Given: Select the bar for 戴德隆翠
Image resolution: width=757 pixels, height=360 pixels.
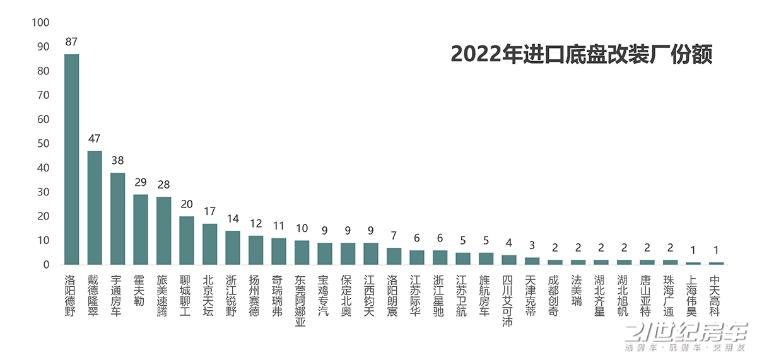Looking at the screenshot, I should click(95, 208).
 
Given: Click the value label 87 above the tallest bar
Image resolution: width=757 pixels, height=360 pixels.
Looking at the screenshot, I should click(71, 42).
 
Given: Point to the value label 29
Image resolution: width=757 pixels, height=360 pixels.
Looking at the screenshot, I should click(141, 182).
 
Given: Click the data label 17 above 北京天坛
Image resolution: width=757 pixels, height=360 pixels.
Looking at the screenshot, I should click(209, 211).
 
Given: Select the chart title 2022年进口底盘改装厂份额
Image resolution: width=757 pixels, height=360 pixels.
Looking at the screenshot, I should click(581, 54).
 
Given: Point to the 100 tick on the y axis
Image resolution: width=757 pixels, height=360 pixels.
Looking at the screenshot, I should click(40, 23).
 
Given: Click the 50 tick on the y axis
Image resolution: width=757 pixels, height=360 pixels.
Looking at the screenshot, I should click(42, 144).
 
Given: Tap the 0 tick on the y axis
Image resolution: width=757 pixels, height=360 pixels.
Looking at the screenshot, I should click(45, 265).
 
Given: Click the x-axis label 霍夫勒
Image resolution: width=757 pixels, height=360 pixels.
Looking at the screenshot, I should click(141, 290).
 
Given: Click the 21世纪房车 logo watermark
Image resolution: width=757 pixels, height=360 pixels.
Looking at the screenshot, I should click(684, 337).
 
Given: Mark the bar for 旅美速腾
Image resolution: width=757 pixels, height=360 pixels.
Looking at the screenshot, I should click(163, 231).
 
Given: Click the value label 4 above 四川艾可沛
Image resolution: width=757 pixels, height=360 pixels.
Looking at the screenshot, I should click(508, 243).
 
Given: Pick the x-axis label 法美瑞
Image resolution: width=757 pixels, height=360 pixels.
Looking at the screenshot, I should click(577, 290).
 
